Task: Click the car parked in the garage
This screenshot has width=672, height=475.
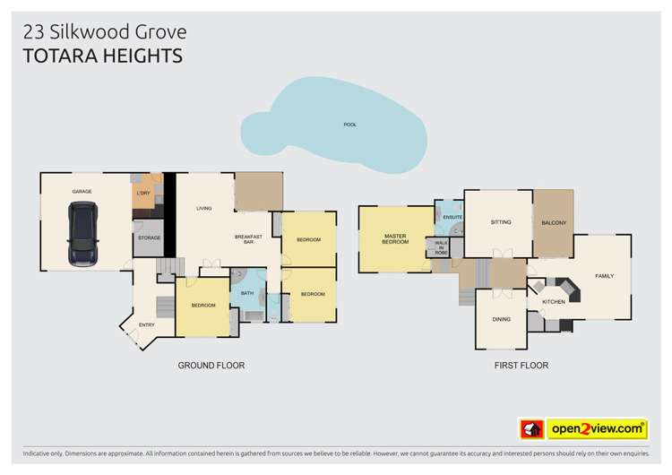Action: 83,234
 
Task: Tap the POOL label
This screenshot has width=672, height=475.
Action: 349,125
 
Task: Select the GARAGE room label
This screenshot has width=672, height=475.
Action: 82,192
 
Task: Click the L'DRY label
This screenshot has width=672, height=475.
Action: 142,194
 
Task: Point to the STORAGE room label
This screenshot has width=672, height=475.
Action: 149,238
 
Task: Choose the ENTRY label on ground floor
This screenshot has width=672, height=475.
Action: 146,324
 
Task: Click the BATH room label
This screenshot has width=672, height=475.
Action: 246,292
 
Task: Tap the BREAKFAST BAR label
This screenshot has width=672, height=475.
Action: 247,239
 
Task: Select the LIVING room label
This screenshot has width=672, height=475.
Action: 204,209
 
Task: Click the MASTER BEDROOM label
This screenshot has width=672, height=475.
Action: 395,239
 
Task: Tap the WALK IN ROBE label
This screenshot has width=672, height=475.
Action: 441,247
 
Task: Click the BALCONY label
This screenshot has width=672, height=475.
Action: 553,222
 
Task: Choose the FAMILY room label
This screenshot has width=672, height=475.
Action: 606,275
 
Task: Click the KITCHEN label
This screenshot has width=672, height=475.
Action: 554,302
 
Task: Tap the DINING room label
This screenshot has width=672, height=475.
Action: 501,319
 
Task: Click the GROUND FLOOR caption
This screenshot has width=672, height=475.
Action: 211,366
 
